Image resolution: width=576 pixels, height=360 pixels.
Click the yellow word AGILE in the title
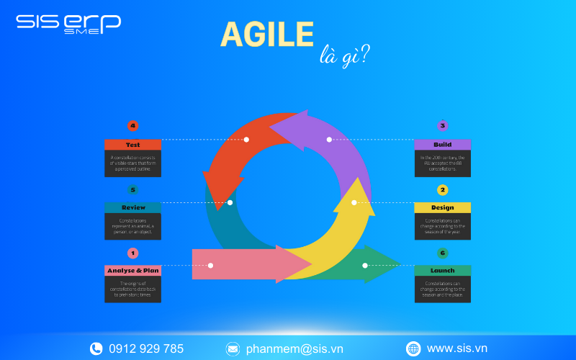266,35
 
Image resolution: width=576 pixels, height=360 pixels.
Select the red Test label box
132,145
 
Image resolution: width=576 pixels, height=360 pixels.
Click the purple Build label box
442,145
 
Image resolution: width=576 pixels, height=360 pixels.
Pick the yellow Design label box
442,207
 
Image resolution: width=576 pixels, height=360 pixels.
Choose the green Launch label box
442,271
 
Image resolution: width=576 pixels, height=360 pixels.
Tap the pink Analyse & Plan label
132,271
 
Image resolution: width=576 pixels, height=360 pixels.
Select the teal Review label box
132,207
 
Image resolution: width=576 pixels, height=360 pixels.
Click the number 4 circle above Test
132,126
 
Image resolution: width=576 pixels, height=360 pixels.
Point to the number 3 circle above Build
443,126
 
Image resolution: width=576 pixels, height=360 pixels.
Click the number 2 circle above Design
443,190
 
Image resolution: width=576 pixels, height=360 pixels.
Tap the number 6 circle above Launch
443,253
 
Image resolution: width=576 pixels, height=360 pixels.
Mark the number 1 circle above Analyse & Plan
132,253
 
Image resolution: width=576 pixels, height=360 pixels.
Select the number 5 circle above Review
132,190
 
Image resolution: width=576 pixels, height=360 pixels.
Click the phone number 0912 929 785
146,348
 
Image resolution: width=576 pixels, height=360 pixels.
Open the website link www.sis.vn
457,348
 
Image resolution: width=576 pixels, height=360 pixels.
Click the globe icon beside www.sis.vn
413,348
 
